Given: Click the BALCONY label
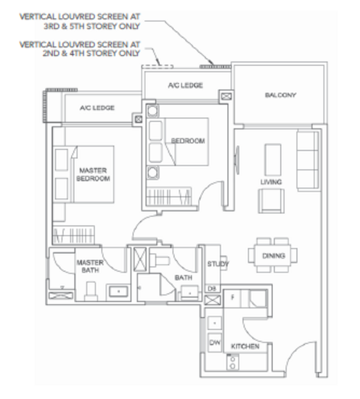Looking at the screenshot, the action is tap(280, 95).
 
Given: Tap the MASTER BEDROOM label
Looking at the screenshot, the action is tap(93, 174).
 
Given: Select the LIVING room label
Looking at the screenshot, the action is tap(271, 182).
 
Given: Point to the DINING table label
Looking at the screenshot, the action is tap(274, 255).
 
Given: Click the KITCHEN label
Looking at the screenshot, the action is tap(245, 346).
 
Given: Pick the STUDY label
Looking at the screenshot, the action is tap(218, 264).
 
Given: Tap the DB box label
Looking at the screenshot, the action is tap(212, 289).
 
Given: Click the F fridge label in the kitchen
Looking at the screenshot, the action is tap(232, 297).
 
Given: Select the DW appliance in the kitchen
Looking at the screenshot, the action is tap(215, 342).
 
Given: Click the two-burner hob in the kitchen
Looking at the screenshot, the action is tap(232, 362).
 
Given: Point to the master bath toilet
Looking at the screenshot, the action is tap(91, 291).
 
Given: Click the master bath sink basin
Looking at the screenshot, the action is tap(118, 292).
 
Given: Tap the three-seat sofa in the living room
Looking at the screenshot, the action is tap(308, 160).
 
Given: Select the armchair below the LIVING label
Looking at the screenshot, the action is tap(271, 201).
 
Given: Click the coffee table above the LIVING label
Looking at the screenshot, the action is tap(273, 160).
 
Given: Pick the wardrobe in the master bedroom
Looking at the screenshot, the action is tap(73, 234).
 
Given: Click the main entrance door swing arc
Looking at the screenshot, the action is tap(296, 350).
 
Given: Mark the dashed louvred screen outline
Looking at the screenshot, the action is tap(157, 67).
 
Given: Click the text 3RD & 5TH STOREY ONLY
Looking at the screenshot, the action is tap(91, 26).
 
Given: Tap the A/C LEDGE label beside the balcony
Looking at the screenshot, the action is tap(185, 86).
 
